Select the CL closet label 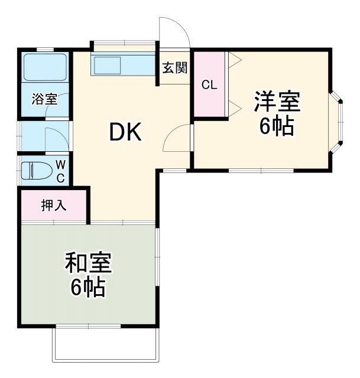209,84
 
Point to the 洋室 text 277,102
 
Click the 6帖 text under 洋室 277,126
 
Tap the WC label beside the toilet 60,170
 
